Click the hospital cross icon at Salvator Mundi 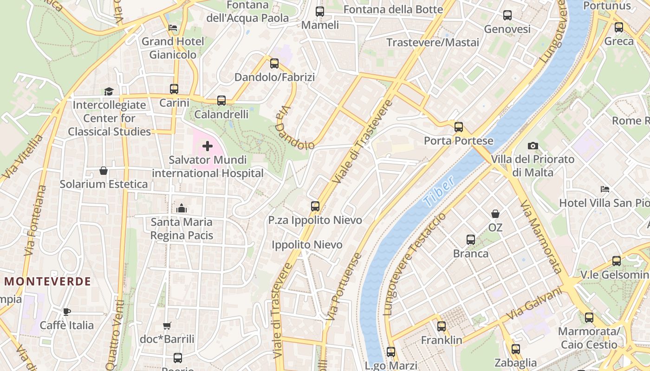click(208, 147)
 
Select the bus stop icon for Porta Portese click(459, 127)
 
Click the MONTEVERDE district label click(48, 281)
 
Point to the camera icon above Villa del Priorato click(533, 146)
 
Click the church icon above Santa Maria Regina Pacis click(182, 209)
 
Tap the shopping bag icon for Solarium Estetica click(104, 171)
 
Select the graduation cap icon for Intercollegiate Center click(109, 91)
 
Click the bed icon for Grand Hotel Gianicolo click(173, 28)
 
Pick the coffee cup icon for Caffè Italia click(67, 312)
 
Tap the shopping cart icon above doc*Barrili click(167, 326)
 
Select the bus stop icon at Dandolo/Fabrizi click(274, 64)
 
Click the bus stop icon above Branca click(471, 240)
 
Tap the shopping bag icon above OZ click(495, 214)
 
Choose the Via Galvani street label click(533, 303)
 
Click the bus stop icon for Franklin click(442, 326)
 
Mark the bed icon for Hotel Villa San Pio click(604, 189)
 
